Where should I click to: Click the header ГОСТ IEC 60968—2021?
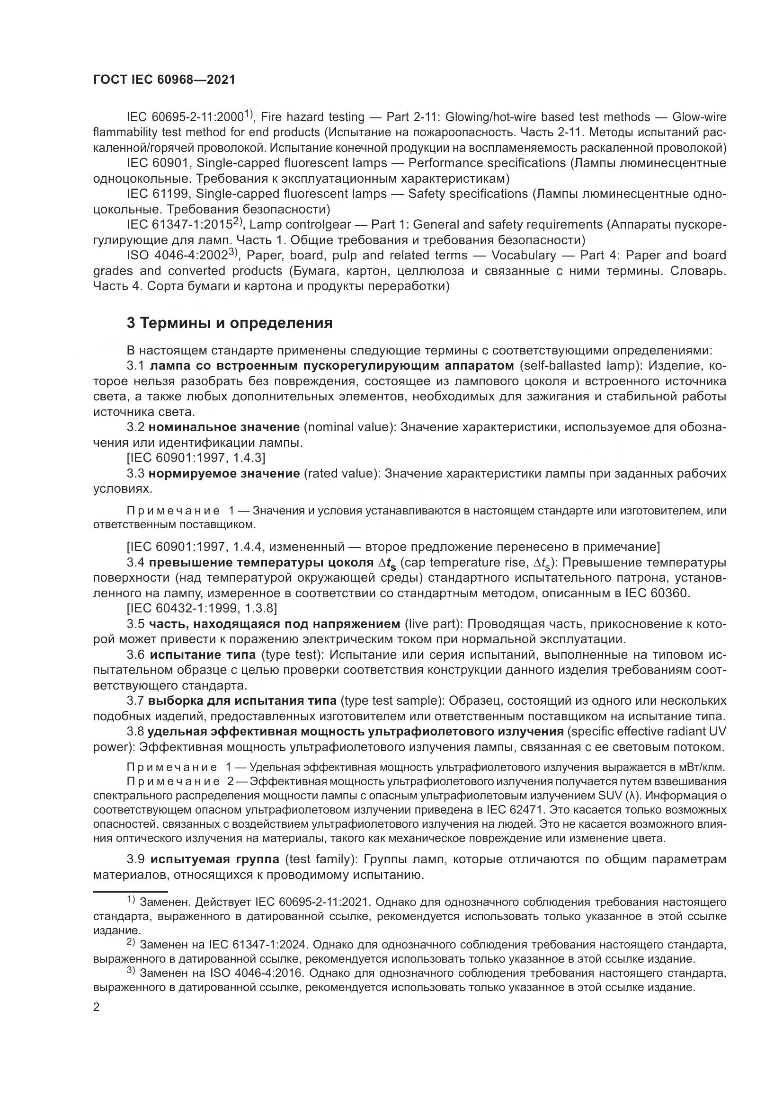[164, 80]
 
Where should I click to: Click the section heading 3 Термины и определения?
[230, 323]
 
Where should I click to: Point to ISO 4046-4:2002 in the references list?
[178, 255]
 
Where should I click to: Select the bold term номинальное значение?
[224, 427]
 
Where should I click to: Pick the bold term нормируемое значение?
[224, 473]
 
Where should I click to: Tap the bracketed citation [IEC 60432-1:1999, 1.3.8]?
[202, 609]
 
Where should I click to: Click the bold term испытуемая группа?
[214, 859]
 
